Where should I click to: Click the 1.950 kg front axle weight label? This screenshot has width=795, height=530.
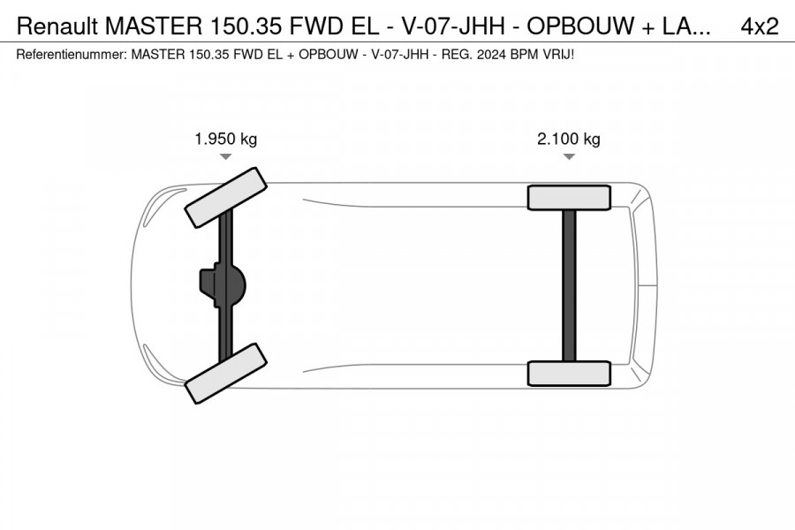coord(225,139)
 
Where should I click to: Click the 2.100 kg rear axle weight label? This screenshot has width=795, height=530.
coord(568,139)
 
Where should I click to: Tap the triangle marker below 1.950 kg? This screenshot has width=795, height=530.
coord(225,156)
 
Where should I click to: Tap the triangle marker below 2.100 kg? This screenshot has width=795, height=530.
coord(569,156)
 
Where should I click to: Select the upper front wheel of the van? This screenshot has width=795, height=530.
coord(225,198)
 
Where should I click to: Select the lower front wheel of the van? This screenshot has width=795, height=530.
coord(225,374)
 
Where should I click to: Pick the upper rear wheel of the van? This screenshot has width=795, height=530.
coord(569,198)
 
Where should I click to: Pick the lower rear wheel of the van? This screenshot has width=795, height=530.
coord(569,374)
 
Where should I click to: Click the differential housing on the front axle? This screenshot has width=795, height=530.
coord(223,285)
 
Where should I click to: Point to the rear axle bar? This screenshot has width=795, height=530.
coord(570,285)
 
